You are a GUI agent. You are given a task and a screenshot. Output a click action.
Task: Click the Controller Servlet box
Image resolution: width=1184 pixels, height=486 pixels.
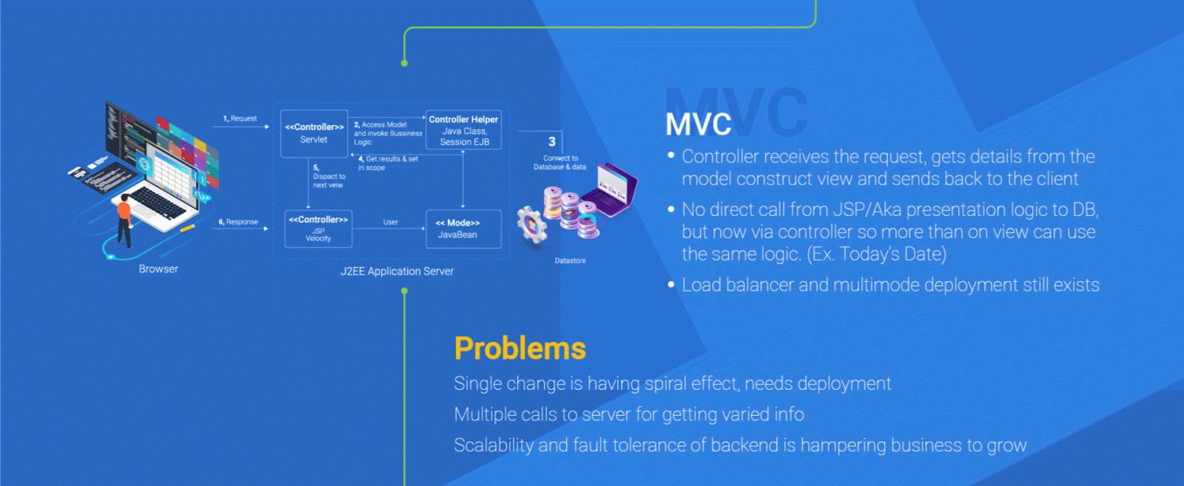pos(314,133)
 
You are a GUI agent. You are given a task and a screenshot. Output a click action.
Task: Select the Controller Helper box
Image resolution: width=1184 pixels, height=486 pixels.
pos(463,130)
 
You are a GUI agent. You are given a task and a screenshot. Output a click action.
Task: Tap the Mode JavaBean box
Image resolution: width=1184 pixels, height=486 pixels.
pos(463,229)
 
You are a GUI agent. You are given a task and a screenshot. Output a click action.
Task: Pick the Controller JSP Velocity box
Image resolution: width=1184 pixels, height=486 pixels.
pos(318,229)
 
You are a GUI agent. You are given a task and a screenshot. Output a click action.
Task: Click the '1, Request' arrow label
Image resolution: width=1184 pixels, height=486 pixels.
pos(240,118)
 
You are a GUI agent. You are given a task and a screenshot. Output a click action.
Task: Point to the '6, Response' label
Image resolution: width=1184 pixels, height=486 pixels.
pos(238,222)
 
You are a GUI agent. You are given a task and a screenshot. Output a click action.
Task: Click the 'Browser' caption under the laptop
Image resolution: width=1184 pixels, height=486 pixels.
pos(158,269)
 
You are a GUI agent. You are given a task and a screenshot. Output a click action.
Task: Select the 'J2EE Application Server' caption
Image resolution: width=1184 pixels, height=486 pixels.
pos(397,271)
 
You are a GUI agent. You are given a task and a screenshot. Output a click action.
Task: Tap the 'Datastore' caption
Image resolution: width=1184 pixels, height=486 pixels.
pos(570,260)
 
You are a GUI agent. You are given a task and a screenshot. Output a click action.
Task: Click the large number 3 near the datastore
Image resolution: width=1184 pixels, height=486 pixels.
pos(552,141)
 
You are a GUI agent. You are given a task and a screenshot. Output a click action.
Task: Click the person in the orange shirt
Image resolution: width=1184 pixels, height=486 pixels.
pos(124,219)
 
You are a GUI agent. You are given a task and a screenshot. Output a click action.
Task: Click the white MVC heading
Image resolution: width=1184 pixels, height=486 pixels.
pos(698,124)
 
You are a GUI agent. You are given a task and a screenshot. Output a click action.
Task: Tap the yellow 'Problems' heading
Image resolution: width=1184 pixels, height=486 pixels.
pos(519,348)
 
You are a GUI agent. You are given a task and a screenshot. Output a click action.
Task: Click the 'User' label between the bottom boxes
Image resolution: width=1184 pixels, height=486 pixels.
pos(390,222)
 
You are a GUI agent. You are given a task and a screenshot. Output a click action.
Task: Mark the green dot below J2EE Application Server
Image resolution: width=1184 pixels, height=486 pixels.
pos(405,291)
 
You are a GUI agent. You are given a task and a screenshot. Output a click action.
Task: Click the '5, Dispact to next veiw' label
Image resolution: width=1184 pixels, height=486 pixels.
pos(329,177)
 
